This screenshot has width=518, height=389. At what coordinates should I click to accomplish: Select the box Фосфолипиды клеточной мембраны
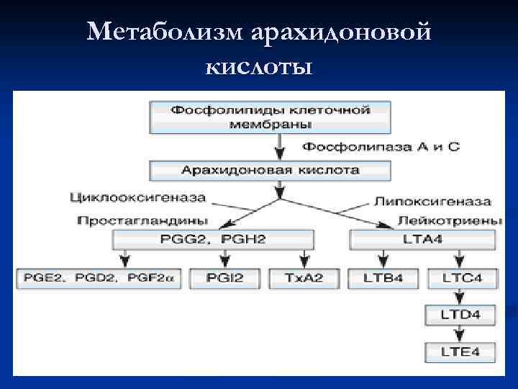point(270,117)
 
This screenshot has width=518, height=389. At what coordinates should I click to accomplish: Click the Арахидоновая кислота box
point(270,171)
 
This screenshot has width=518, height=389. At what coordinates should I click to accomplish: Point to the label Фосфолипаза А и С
point(380,147)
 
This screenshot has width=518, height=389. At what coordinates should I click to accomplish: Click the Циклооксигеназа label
point(138,197)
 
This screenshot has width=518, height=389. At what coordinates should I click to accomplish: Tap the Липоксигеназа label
point(433,202)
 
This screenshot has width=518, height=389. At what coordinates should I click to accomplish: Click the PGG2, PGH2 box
point(213,239)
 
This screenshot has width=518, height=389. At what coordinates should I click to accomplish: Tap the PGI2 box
point(225,278)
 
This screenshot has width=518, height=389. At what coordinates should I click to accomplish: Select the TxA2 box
point(305,278)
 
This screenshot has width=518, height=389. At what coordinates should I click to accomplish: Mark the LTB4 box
point(383,278)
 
